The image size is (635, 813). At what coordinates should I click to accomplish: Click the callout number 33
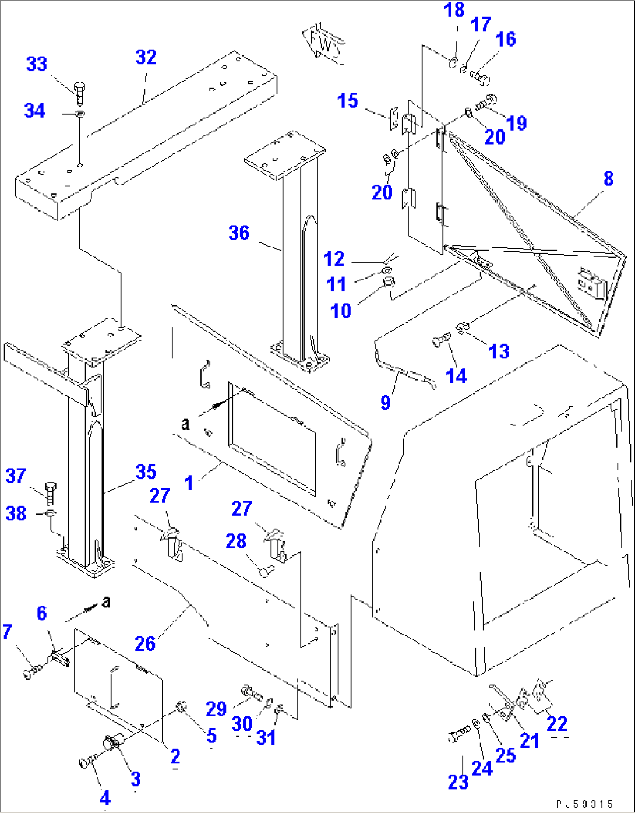point(36,64)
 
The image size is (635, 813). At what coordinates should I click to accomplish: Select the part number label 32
point(146,57)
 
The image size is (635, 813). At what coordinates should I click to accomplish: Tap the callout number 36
point(239,233)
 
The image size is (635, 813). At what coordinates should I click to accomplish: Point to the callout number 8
point(608,178)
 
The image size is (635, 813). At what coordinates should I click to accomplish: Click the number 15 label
point(347,101)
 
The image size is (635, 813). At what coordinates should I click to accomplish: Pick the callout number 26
point(145,643)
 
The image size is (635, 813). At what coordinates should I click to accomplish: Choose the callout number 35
point(146,472)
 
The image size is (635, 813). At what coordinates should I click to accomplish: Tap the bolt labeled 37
point(50,493)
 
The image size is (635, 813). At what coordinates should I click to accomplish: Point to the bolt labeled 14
point(442,340)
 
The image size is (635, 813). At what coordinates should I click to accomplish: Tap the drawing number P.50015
point(584,804)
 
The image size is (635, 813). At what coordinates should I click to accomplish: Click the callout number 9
point(385,402)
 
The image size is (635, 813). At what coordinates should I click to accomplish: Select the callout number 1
point(188,483)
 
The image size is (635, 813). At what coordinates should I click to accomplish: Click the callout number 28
point(235,541)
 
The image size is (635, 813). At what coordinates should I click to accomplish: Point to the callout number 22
point(557,723)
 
